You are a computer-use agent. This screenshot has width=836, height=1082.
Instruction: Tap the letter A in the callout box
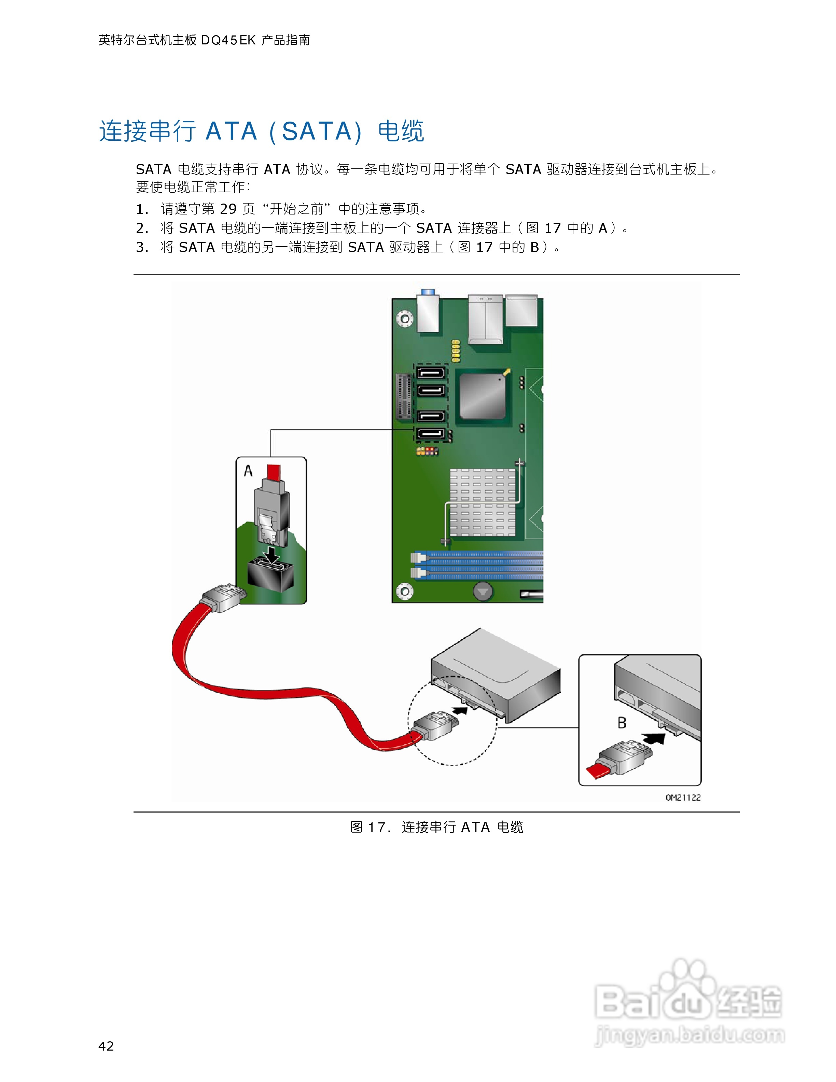click(248, 471)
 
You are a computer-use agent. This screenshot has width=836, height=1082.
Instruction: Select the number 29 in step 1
click(228, 209)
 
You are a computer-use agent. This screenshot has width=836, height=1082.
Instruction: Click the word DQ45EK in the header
click(228, 40)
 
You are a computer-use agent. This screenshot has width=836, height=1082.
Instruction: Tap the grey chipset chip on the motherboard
click(482, 396)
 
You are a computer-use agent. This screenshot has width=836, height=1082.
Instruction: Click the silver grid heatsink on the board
click(483, 502)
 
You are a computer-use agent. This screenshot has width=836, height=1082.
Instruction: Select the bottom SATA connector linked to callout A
click(430, 434)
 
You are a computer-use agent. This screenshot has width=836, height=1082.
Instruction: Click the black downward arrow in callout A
click(271, 553)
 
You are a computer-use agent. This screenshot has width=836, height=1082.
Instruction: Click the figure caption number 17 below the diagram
click(376, 827)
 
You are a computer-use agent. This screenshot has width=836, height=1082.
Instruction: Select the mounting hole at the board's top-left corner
click(405, 318)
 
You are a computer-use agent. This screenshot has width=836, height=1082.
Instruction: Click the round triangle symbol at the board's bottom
click(483, 591)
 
